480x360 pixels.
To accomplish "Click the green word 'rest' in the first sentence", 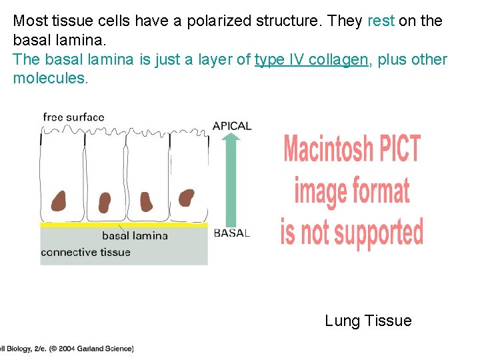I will pos(381,21).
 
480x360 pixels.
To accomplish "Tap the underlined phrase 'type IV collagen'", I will pos(311,59).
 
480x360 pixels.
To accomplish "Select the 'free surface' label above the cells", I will pos(73,117).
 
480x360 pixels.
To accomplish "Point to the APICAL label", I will pos(232,125).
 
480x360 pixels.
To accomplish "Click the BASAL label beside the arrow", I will pos(232,233).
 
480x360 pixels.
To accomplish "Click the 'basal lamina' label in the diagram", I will pos(135,235).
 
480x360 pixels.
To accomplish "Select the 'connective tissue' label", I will pos(85,252).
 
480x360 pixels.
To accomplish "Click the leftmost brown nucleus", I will pos(60,199).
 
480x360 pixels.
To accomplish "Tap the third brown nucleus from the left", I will pos(145,200).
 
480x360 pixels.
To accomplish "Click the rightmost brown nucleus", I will pos(187,197).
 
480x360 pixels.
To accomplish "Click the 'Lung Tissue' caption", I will pos(368,321).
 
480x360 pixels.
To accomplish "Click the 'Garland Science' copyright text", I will pos(105,348).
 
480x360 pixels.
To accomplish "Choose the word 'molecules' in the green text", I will pos(49,79).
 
